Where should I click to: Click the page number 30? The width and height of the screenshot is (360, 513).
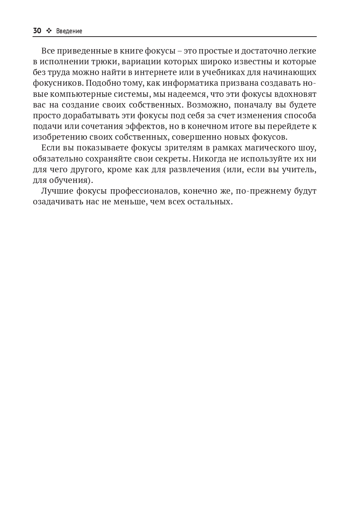pyautogui.click(x=37, y=31)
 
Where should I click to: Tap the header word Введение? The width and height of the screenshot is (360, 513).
pyautogui.click(x=69, y=31)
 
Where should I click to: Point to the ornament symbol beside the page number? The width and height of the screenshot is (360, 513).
pyautogui.click(x=49, y=31)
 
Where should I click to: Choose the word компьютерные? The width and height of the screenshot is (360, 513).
pyautogui.click(x=72, y=94)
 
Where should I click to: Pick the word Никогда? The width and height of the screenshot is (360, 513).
pyautogui.click(x=209, y=159)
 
